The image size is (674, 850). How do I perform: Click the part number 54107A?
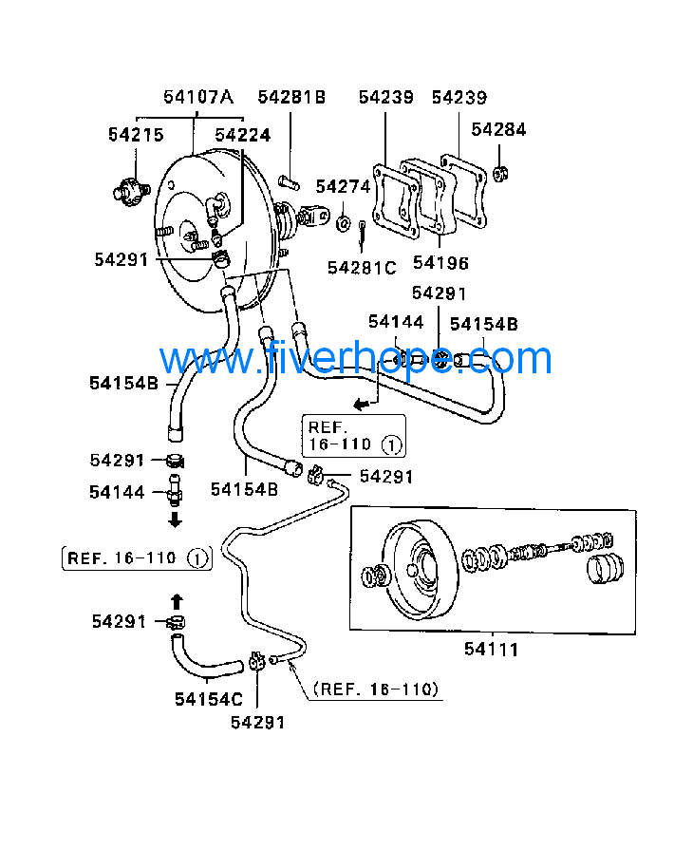pos(197,97)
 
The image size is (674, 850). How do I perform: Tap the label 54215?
pos(136,135)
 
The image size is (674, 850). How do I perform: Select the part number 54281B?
pos(291,97)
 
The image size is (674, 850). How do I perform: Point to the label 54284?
pos(498,130)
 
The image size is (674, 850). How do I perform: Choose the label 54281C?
pos(362,268)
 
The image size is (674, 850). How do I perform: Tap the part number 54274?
pos(343,186)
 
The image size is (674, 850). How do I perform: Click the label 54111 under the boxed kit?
pos(492,650)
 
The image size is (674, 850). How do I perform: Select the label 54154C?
pos(209,699)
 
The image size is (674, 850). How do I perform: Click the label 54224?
pos(242,135)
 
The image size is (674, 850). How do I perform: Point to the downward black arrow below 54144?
pos(176,520)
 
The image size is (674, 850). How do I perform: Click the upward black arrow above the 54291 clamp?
pos(176,599)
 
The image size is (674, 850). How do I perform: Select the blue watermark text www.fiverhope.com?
pos(356,360)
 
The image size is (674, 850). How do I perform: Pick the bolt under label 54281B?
pos(289,181)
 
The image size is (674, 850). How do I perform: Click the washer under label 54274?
pos(342,223)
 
